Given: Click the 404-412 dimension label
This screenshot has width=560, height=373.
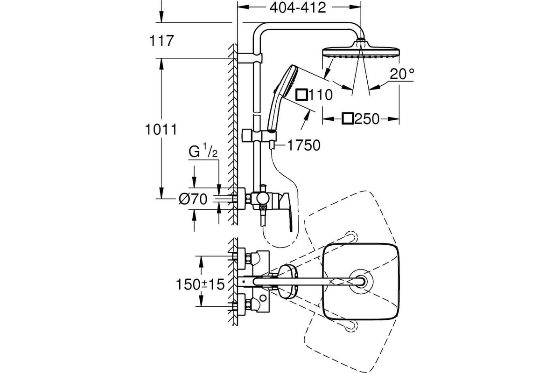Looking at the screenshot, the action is pyautogui.click(x=298, y=8).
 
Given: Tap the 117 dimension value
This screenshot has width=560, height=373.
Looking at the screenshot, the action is pyautogui.click(x=161, y=41).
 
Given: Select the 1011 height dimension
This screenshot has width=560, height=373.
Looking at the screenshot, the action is pyautogui.click(x=161, y=130).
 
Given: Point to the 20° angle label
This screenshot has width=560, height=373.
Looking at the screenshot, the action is pyautogui.click(x=402, y=74).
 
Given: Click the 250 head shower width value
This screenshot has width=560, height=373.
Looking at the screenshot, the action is pyautogui.click(x=367, y=119).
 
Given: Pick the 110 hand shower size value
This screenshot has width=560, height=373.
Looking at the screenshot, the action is pyautogui.click(x=321, y=95).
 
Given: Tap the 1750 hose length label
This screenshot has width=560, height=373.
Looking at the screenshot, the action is pyautogui.click(x=304, y=145).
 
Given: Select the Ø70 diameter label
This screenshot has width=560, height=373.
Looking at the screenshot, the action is pyautogui.click(x=193, y=199).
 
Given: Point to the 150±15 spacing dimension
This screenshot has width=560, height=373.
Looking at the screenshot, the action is pyautogui.click(x=201, y=284).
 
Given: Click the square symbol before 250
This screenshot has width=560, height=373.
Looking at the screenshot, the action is pyautogui.click(x=348, y=119).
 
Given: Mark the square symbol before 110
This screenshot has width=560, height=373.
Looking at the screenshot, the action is pyautogui.click(x=302, y=95).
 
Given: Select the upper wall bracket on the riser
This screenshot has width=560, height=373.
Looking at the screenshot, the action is pyautogui.click(x=250, y=58).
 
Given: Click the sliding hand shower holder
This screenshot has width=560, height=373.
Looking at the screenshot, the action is pyautogui.click(x=259, y=136).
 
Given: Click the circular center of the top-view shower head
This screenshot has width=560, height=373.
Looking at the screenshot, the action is pyautogui.click(x=361, y=281).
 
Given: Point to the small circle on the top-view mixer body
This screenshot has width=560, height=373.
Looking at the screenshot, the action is pyautogui.click(x=263, y=297).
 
